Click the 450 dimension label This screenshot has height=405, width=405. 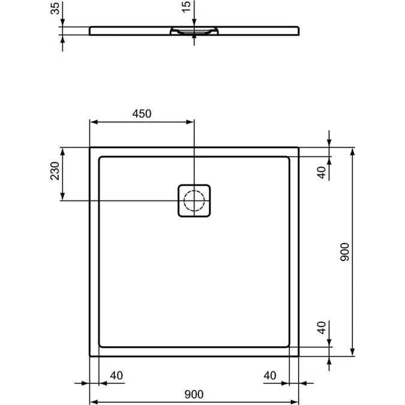pyautogui.click(x=142, y=113)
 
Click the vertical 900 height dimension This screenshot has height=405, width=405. pyautogui.click(x=344, y=252)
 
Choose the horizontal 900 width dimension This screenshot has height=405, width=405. pyautogui.click(x=194, y=394)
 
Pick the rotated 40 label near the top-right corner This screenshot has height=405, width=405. pyautogui.click(x=322, y=172)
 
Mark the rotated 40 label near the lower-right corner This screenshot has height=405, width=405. pyautogui.click(x=322, y=328)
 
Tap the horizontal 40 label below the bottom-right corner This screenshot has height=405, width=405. pyautogui.click(x=271, y=376)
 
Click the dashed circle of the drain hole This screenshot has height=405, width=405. pyautogui.click(x=194, y=200)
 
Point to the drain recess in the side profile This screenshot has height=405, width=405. pyautogui.click(x=194, y=31)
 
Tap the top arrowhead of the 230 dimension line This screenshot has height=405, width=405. pyautogui.click(x=63, y=151)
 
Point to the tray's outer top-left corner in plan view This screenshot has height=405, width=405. pyautogui.click(x=90, y=148)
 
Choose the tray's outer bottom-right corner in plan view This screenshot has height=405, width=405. pyautogui.click(x=298, y=356)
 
